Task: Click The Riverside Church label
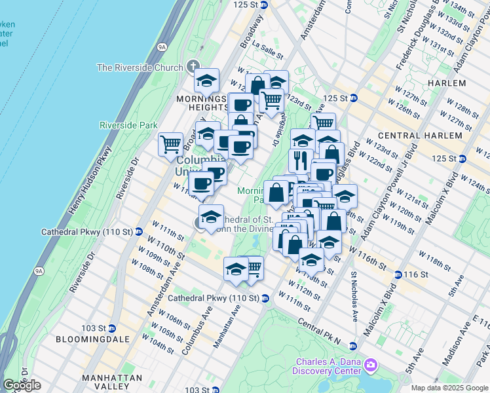pos(140,67)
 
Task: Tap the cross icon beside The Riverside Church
pos(193,67)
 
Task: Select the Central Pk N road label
pos(319,333)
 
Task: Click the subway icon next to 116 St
pos(398,274)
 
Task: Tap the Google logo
pos(22,385)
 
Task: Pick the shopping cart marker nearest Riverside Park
pos(171,143)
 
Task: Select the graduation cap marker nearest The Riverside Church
pos(206,81)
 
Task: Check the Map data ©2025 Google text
pos(450,388)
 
